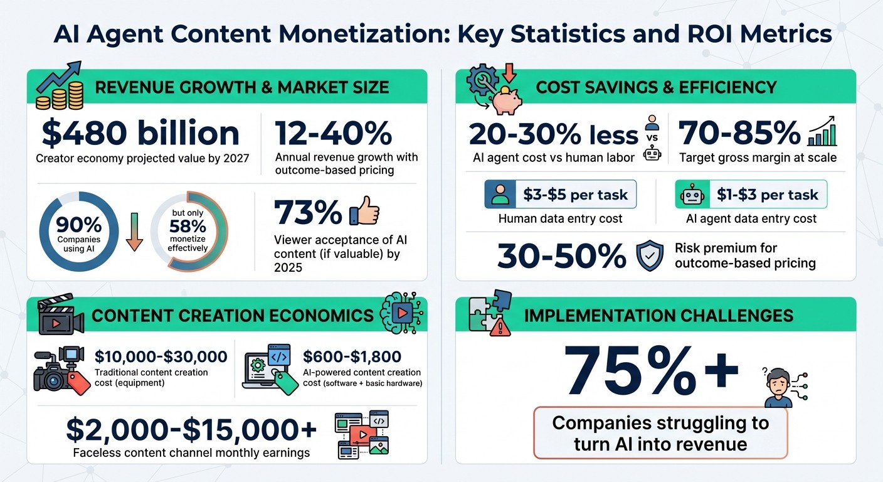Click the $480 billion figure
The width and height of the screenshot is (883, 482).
pyautogui.click(x=140, y=133)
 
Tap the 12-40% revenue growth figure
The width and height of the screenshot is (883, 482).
pyautogui.click(x=334, y=133)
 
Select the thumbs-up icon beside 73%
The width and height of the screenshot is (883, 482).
pyautogui.click(x=364, y=212)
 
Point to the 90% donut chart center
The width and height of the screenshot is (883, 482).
pyautogui.click(x=79, y=232)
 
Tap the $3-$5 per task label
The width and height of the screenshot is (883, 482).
pyautogui.click(x=575, y=195)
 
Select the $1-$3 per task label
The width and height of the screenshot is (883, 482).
pyautogui.click(x=766, y=195)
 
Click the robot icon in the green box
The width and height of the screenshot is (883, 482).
pyautogui.click(x=692, y=195)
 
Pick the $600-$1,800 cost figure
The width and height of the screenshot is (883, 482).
pyautogui.click(x=352, y=357)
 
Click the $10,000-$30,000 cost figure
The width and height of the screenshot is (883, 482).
pyautogui.click(x=161, y=357)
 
